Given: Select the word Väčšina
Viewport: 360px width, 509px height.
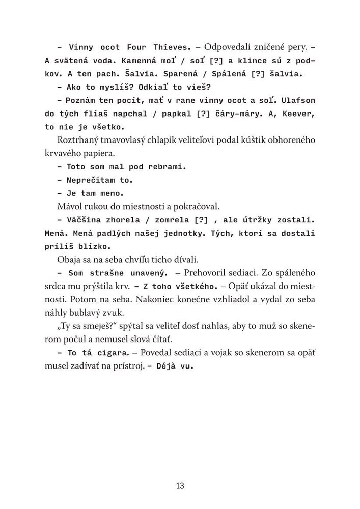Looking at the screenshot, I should click(x=87, y=219).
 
